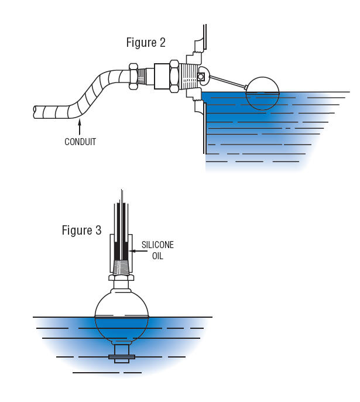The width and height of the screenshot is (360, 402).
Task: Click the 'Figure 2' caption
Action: [146, 43]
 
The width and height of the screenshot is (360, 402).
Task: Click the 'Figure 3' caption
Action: [81, 231]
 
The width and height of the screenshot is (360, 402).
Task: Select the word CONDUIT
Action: [80, 142]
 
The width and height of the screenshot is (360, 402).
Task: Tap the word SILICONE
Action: [158, 245]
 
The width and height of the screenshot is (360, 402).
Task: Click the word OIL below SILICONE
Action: [157, 256]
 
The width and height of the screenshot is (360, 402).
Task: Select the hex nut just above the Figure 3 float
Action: [121, 277]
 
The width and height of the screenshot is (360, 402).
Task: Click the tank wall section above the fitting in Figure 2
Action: [203, 38]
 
